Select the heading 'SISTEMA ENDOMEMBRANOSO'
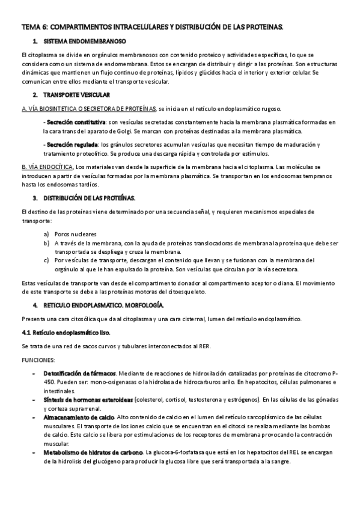(84, 41)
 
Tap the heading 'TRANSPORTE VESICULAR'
(78, 95)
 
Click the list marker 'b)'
(47, 243)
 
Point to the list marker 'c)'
(47, 260)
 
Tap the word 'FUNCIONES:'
(38, 360)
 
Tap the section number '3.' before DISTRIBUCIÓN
(35, 198)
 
